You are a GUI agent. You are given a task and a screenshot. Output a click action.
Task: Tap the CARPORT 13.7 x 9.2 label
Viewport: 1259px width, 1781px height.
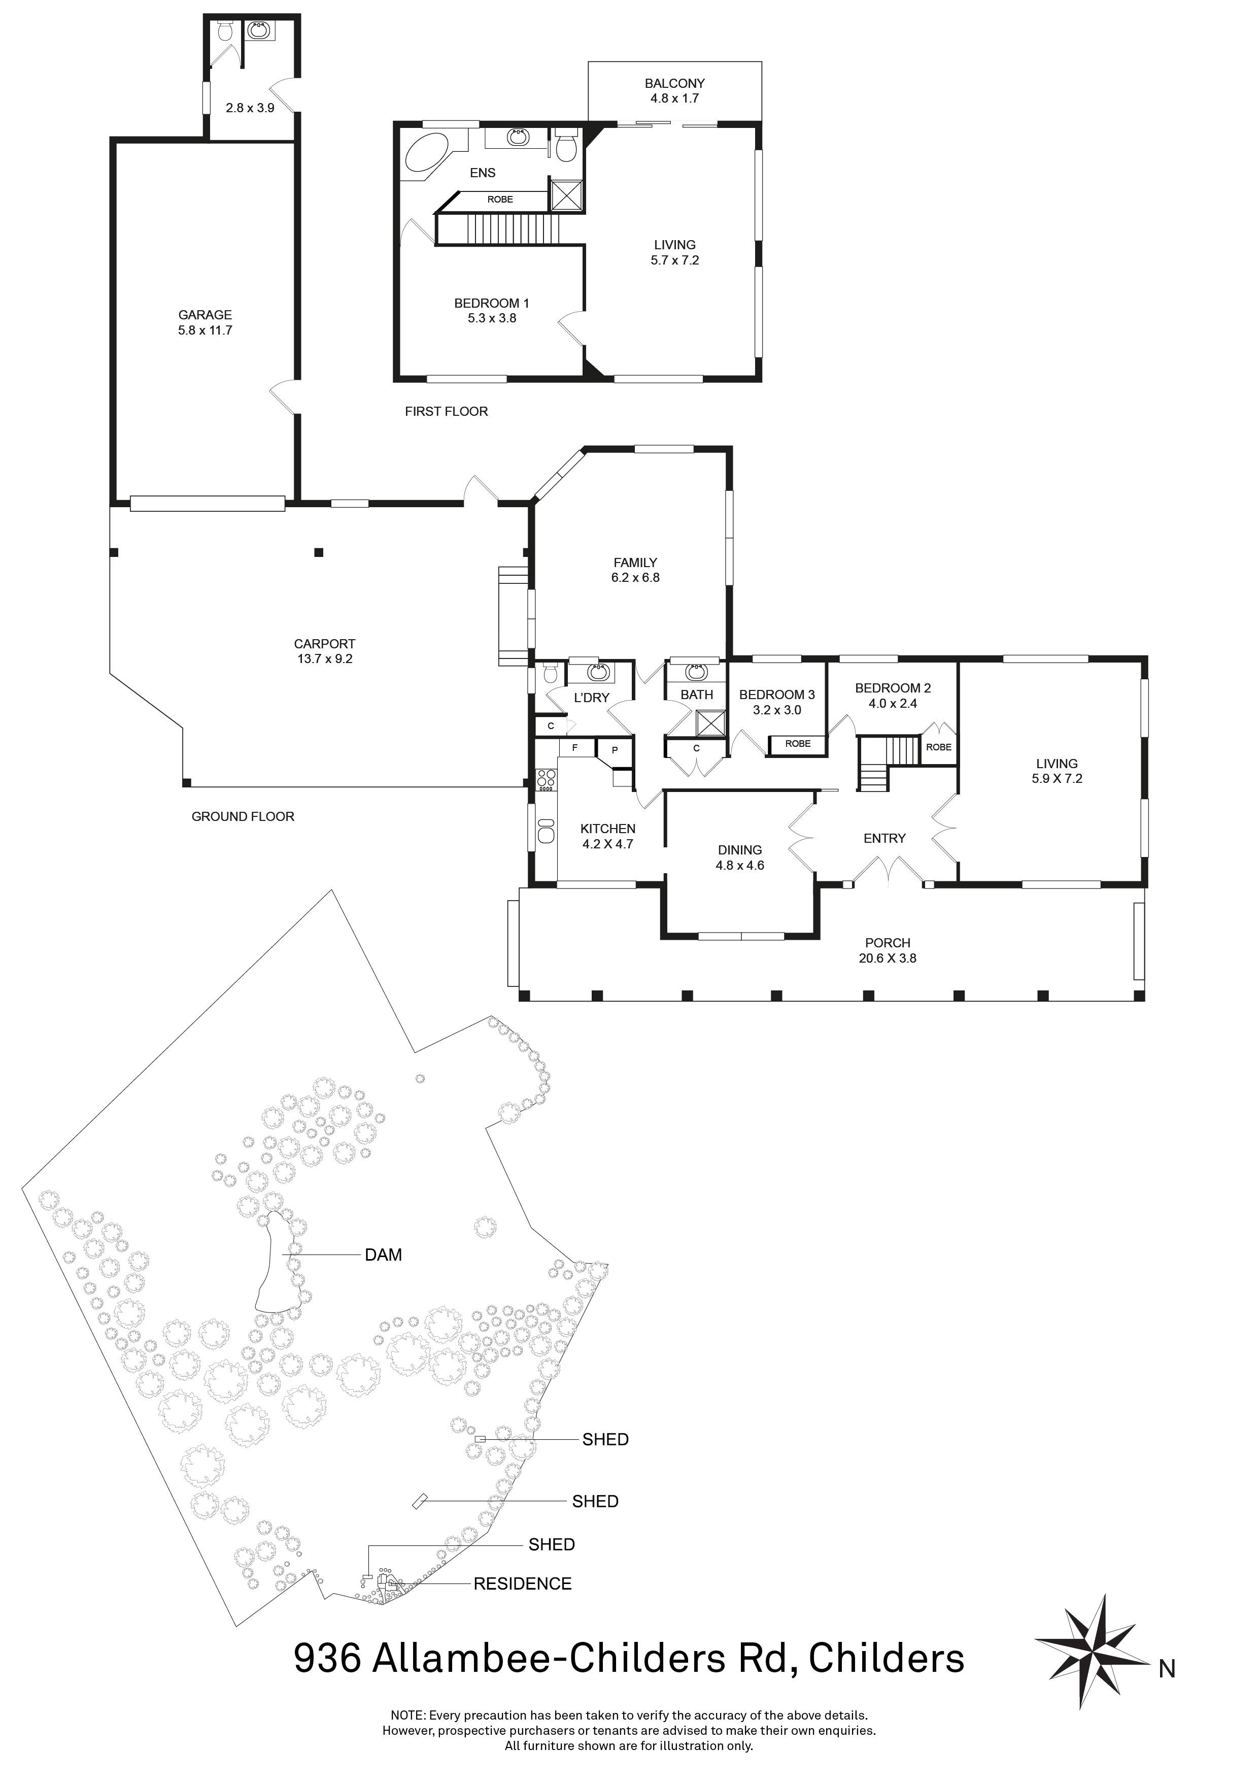pos(324,651)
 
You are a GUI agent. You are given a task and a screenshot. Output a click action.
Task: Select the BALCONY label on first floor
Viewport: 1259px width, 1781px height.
pos(674,83)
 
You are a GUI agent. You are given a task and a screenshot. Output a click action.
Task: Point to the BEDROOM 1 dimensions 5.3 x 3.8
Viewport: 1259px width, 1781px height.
pos(492,318)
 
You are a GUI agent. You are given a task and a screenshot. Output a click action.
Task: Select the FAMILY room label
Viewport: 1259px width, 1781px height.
pos(635,563)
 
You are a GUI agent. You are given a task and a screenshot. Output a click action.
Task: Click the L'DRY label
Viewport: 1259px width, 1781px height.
pos(592,698)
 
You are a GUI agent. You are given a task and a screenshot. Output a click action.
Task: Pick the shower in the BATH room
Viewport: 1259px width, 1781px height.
pos(708,723)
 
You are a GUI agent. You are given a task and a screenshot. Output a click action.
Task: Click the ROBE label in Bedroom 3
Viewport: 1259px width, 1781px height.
pos(798,743)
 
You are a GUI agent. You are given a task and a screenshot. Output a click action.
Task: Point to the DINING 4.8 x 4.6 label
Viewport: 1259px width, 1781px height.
pos(739,857)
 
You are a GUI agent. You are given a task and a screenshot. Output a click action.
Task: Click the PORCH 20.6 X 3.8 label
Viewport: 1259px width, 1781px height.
pos(888,950)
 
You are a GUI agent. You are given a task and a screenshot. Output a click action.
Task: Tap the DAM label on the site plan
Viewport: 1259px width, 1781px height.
pos(383,1255)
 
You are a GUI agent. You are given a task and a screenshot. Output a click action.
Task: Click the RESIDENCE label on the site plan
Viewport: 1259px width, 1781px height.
pos(523,1583)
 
